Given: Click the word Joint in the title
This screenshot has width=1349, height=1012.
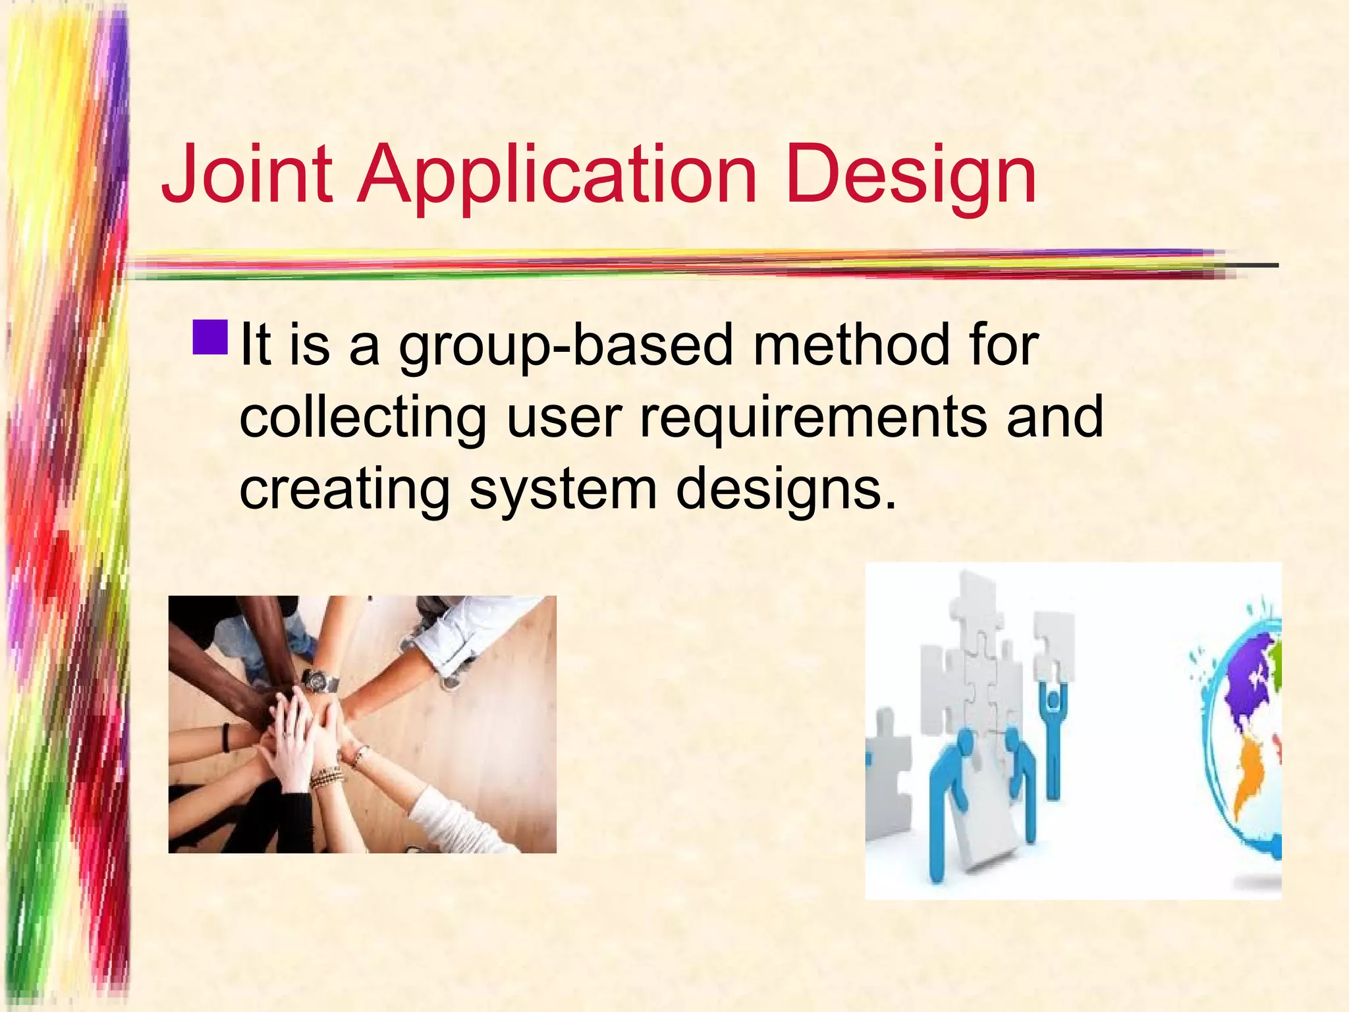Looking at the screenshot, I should point(247,175).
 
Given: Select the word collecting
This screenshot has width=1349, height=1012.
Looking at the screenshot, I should point(362,418).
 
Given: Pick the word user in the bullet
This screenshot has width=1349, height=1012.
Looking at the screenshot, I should point(564,418).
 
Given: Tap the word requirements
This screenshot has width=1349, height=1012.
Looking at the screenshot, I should point(813,418).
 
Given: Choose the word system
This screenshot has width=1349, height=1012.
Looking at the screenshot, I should point(564,491).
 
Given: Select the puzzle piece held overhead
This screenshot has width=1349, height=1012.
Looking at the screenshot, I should point(1054,649).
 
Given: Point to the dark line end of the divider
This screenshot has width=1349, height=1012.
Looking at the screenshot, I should point(1255,266).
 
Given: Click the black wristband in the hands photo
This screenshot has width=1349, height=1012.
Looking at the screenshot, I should point(226,737).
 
